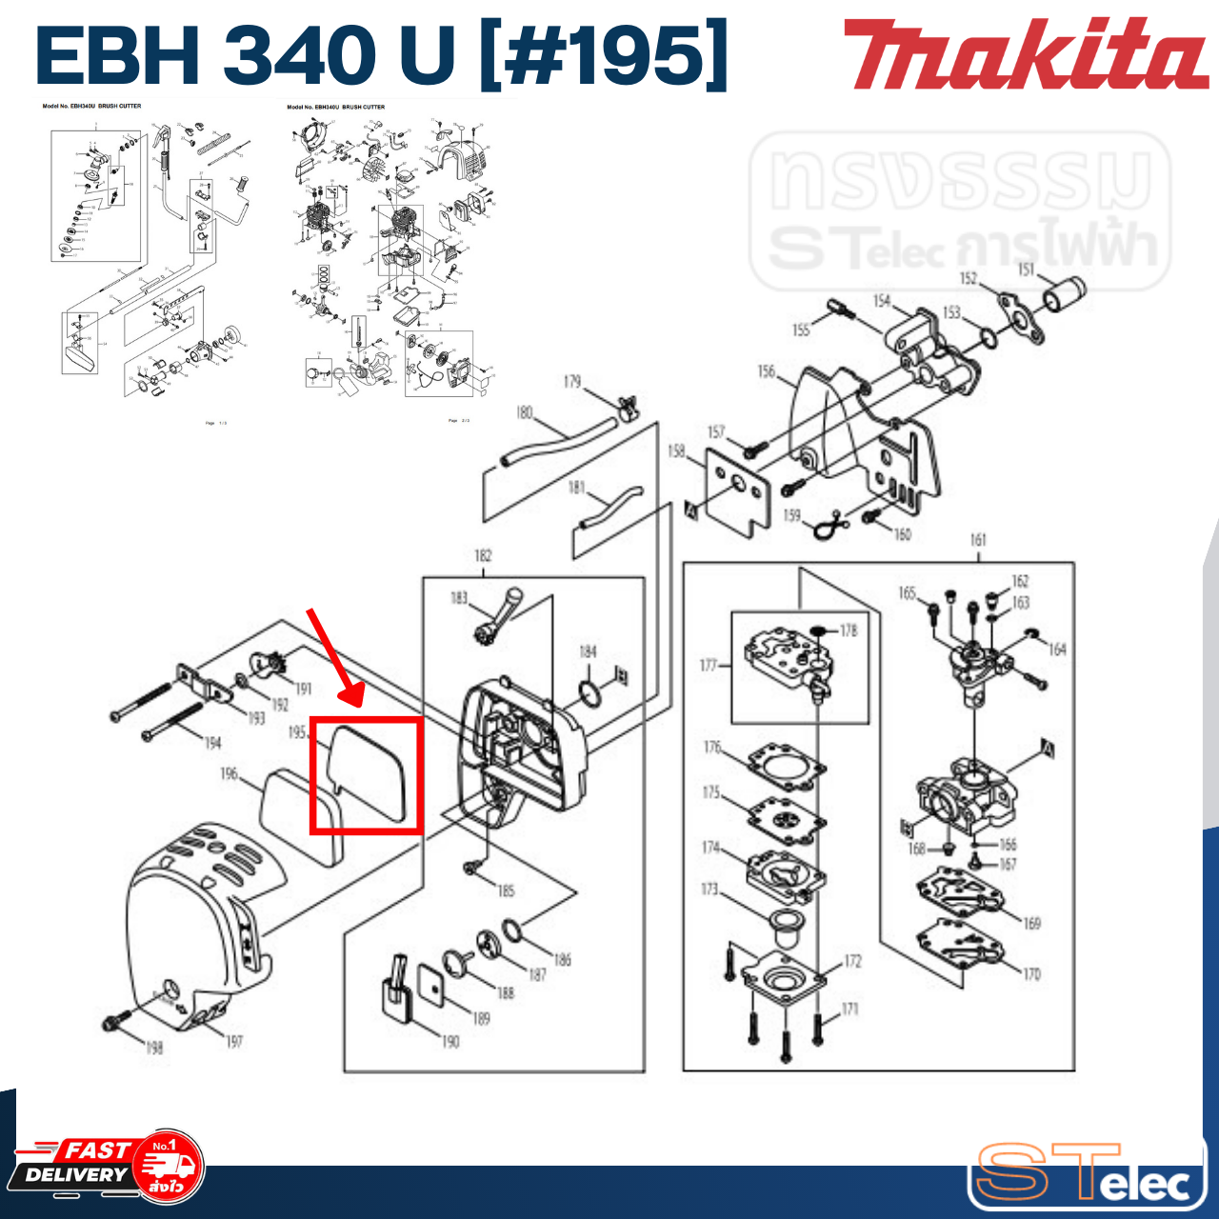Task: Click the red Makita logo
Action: tap(1025, 54)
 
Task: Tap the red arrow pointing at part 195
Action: tap(334, 657)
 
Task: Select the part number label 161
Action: tap(978, 540)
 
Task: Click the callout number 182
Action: tap(483, 555)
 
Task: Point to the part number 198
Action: tap(153, 1048)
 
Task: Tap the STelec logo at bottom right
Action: tap(1086, 1173)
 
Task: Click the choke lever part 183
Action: tap(497, 616)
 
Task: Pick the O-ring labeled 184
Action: tap(590, 694)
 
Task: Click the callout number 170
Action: tap(1031, 974)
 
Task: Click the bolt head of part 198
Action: tap(113, 1024)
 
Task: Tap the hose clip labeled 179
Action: tap(627, 408)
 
